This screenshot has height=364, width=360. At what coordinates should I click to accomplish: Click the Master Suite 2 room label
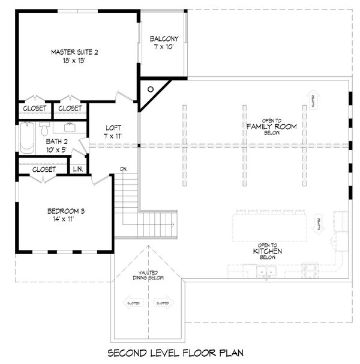click(x=74, y=52)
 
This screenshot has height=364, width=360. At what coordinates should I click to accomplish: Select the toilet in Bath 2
click(x=44, y=129)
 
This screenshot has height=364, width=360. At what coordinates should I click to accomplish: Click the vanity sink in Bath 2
click(x=69, y=127)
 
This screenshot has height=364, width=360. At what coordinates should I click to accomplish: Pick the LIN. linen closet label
click(x=78, y=169)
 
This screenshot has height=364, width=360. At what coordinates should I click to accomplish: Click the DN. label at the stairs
click(x=124, y=168)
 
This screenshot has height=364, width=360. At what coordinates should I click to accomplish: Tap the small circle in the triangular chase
click(x=151, y=89)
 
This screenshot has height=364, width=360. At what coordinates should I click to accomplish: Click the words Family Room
click(x=268, y=126)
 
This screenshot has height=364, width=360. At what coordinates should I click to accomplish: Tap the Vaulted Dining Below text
click(x=143, y=275)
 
